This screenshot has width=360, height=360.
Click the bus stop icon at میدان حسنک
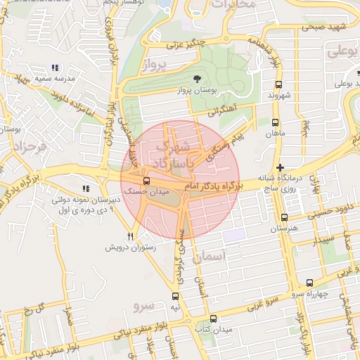tap(146, 181)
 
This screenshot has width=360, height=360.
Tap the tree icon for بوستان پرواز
tap(195, 79)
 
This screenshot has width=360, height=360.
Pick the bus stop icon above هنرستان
tap(284, 218)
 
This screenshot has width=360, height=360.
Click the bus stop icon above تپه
tap(175, 296)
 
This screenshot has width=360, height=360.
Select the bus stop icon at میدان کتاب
tap(212, 319)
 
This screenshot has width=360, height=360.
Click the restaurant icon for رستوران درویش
tap(130, 237)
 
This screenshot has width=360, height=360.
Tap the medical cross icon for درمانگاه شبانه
tap(281, 167)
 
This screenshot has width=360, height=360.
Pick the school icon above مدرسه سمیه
tap(55, 68)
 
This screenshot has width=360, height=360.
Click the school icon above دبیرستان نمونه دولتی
tap(86, 189)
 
